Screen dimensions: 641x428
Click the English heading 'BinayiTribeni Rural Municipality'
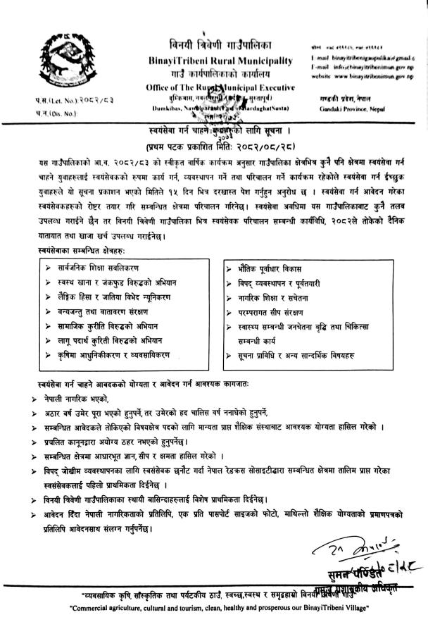(221, 61)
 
